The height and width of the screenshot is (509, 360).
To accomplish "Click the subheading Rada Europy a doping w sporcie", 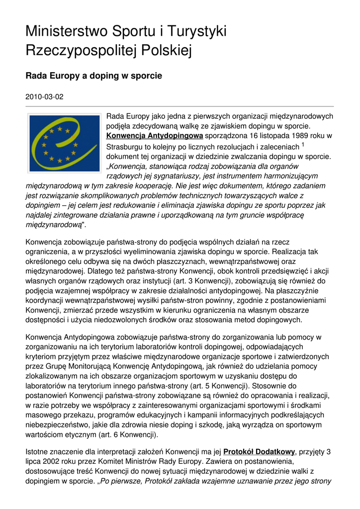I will pos(94,76).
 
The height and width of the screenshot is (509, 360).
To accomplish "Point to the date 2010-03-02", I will pos(44,96).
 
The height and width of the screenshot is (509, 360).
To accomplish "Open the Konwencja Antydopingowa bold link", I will pos(155,135).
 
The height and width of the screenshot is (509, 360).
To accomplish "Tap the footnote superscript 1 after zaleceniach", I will pos(303,145).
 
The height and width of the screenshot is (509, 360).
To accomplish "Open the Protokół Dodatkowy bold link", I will pos(260,452).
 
